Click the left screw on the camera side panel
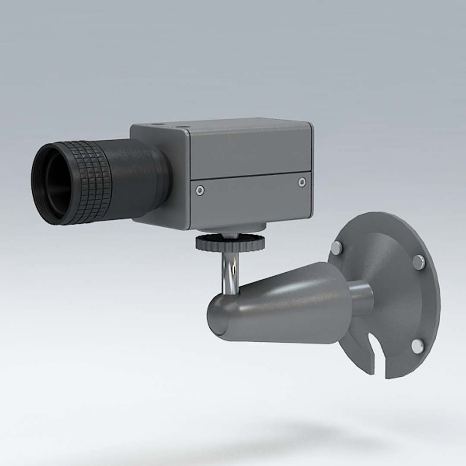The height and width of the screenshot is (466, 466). (x=199, y=190)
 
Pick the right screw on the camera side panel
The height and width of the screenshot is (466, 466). (x=302, y=182)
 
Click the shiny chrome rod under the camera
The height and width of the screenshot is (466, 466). (x=230, y=272)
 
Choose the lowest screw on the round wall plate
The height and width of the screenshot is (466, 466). (x=417, y=346)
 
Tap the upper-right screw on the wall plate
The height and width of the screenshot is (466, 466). (x=419, y=261)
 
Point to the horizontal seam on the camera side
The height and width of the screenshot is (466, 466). (x=250, y=176)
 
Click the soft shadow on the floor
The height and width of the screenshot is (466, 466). (x=302, y=436)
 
